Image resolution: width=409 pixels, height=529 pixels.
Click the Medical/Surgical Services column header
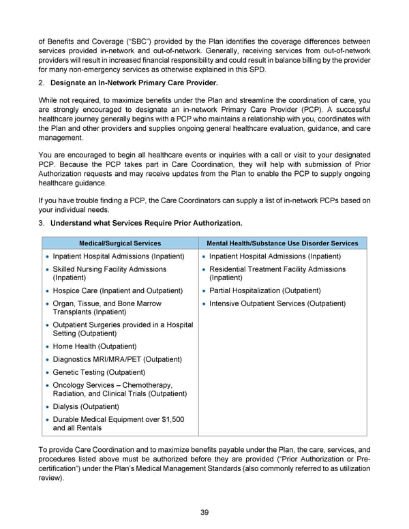click(120, 243)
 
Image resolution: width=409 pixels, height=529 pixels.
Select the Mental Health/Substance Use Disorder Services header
click(282, 243)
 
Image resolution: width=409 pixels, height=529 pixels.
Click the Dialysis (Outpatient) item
click(86, 406)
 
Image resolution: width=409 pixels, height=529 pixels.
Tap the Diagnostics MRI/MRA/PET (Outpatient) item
click(117, 359)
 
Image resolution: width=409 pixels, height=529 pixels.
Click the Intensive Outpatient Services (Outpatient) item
click(277, 303)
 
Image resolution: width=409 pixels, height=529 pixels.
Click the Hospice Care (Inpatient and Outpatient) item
click(118, 290)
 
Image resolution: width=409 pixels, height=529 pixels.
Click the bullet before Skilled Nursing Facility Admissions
click(46, 269)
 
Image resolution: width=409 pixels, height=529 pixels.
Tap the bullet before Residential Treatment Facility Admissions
click(203, 269)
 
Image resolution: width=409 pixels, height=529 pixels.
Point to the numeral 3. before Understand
click(42, 224)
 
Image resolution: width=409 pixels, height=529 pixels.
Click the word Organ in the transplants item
click(65, 303)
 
